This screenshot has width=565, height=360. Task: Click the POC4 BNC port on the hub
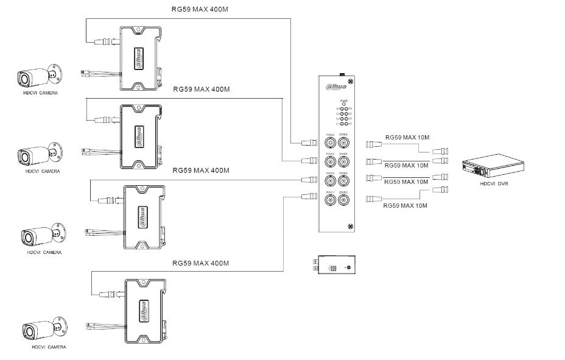pyautogui.click(x=331, y=143)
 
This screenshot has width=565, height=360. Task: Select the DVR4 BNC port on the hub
pyautogui.click(x=344, y=143)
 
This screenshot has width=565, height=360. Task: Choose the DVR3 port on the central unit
pyautogui.click(x=344, y=162)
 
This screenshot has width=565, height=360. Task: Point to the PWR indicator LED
pyautogui.click(x=344, y=104)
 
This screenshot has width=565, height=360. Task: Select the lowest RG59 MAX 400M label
pyautogui.click(x=200, y=263)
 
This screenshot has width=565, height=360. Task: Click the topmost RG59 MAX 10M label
pyautogui.click(x=406, y=138)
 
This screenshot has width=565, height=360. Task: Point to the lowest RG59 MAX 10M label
pyautogui.click(x=405, y=206)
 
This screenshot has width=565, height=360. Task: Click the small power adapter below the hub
pyautogui.click(x=334, y=266)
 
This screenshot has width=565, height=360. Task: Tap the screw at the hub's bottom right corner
pyautogui.click(x=351, y=225)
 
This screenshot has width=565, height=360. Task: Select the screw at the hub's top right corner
pyautogui.click(x=351, y=82)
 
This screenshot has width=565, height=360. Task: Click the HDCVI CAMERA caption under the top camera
pyautogui.click(x=41, y=93)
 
